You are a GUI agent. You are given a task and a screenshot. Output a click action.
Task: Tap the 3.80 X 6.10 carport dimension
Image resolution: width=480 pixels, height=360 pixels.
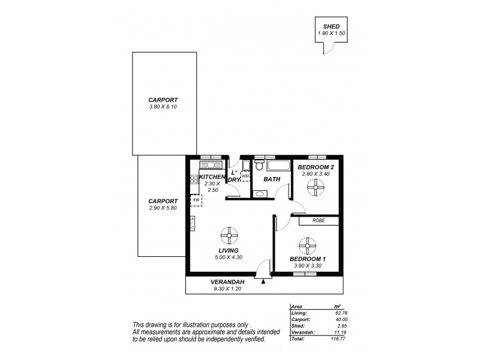164,107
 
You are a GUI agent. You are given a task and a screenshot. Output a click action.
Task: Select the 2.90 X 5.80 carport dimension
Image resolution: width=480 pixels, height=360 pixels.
164,208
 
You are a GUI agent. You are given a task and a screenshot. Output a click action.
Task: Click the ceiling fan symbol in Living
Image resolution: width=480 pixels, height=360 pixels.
229,234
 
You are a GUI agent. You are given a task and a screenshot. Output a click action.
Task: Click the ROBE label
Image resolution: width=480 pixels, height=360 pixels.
319,221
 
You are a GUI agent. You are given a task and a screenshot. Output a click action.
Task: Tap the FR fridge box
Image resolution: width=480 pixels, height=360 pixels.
196,200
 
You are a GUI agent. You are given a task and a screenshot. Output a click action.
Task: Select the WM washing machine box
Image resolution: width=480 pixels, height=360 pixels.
245,176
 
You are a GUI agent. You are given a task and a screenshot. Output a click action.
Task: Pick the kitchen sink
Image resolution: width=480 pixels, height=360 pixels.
211,164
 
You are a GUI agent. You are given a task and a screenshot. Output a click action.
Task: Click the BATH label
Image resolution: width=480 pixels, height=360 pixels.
272,179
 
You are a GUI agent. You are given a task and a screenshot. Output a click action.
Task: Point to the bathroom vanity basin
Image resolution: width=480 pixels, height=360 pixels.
259,194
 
